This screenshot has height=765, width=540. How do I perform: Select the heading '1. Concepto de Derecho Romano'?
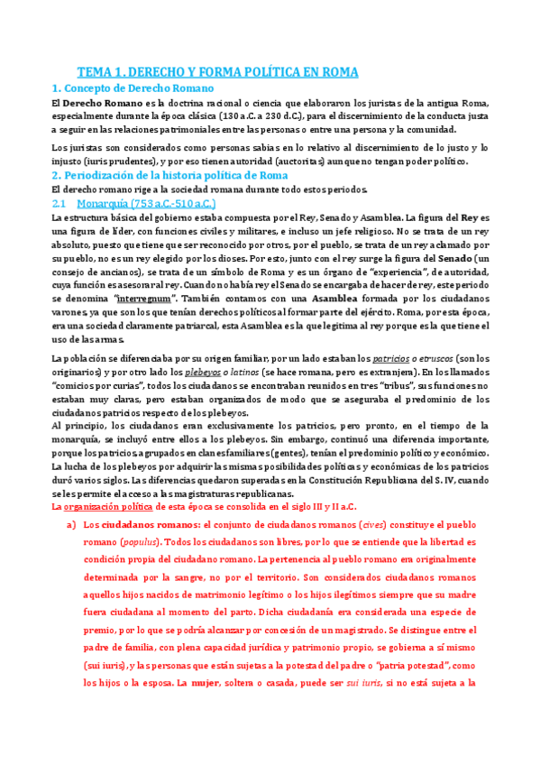pyautogui.click(x=133, y=88)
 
